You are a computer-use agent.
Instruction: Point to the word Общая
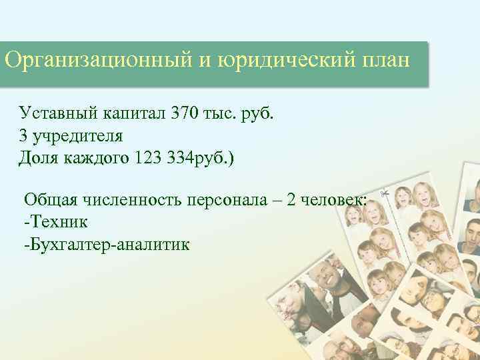tap(47, 199)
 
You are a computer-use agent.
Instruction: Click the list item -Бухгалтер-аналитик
tap(106, 245)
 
